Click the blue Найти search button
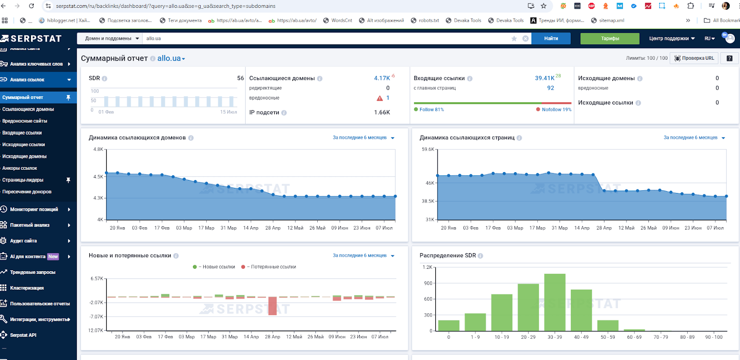tap(551, 38)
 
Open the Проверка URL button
tap(694, 58)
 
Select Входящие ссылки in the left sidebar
tap(22, 132)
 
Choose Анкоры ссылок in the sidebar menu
tap(19, 168)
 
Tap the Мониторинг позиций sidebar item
tap(34, 209)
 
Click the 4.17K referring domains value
tap(382, 78)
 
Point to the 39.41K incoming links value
tap(544, 78)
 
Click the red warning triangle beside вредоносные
tap(380, 98)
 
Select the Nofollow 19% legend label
tap(556, 109)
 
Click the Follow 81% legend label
tap(432, 109)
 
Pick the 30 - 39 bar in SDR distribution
tap(555, 302)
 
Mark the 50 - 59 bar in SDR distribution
tap(608, 325)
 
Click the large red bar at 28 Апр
tap(272, 306)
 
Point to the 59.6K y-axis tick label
tap(428, 149)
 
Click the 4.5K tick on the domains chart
tap(99, 177)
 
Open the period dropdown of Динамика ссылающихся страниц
tap(694, 137)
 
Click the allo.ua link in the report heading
tap(169, 58)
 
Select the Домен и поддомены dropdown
tap(111, 38)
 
